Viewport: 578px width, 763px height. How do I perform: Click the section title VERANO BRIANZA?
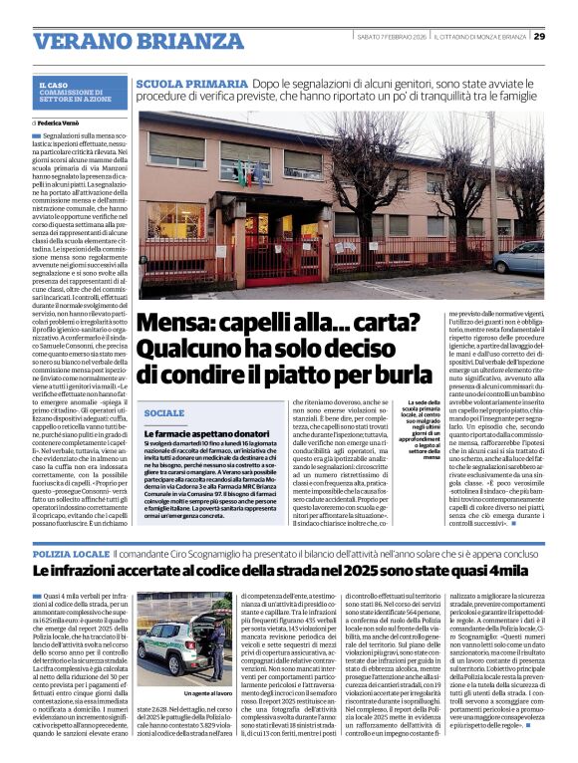126,41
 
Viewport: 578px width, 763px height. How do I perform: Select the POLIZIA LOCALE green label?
72,552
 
